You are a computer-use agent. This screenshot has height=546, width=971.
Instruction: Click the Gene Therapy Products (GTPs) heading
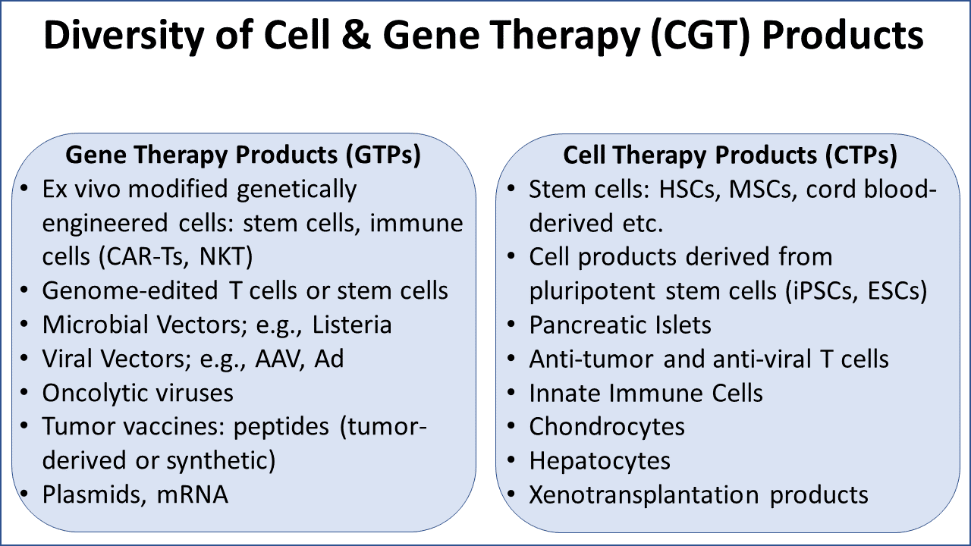click(x=244, y=155)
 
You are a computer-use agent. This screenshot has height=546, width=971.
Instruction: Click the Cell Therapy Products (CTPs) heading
click(x=731, y=155)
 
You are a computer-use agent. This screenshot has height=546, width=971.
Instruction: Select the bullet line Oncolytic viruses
click(x=138, y=393)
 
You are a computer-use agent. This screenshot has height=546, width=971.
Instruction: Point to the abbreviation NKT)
click(x=225, y=256)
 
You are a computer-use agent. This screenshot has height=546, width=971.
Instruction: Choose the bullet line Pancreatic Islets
click(x=621, y=325)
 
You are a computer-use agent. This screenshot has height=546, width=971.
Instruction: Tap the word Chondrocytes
click(x=607, y=427)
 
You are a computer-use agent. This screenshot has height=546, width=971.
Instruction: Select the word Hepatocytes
click(x=600, y=461)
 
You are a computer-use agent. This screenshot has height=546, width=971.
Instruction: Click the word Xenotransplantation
click(x=645, y=495)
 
